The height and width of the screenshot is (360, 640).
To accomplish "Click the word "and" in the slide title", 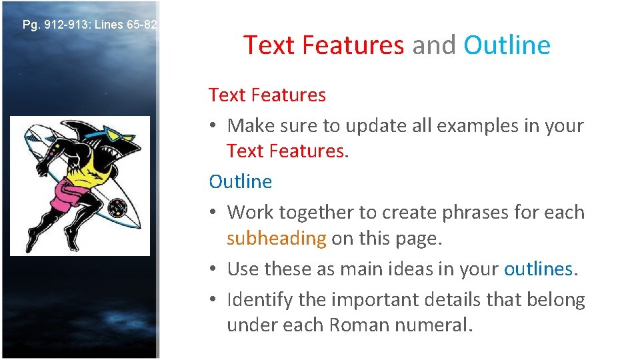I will coord(433,45).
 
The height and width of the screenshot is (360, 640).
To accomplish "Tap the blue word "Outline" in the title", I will coord(507,45).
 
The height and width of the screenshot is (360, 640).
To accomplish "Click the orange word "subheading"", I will coord(276,239).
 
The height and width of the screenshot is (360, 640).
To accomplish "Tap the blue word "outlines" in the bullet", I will coord(537,269).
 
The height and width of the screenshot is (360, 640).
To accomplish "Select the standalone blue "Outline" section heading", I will coord(240,181).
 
